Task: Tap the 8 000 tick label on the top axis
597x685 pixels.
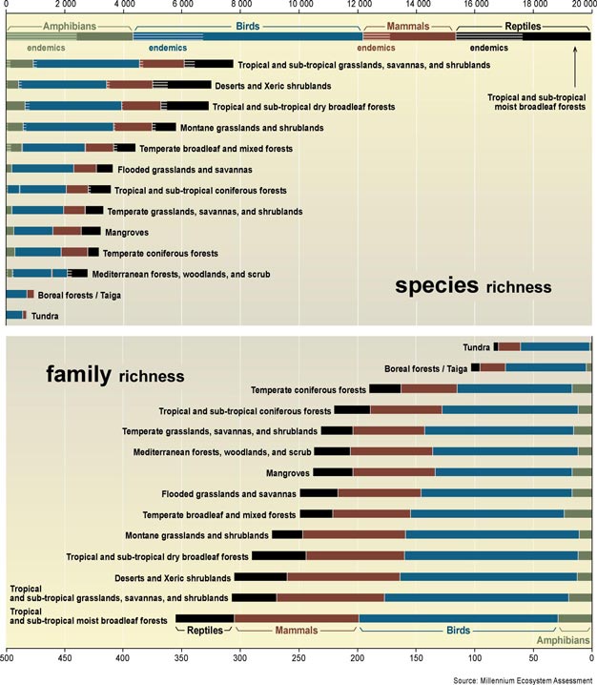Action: tap(241, 7)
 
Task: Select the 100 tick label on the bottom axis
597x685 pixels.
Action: tap(475, 657)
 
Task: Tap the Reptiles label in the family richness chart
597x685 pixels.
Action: tap(205, 631)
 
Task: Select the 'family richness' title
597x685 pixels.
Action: tap(115, 375)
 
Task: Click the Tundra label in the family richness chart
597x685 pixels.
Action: tap(476, 347)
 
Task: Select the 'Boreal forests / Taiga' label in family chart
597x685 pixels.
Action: tap(425, 368)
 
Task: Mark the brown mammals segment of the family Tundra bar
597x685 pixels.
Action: tap(509, 346)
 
